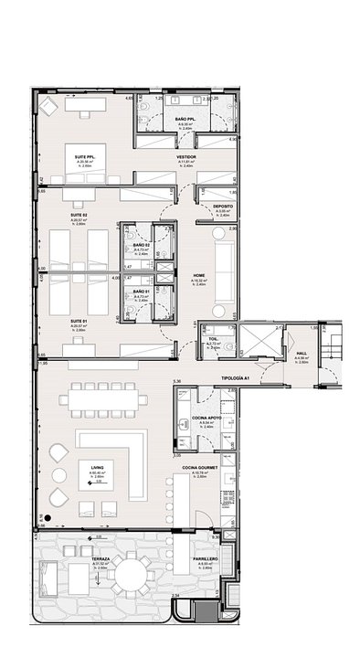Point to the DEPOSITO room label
tap(223, 207)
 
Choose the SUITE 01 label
tap(79, 322)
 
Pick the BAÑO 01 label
tap(141, 289)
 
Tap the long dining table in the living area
tap(104, 399)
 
